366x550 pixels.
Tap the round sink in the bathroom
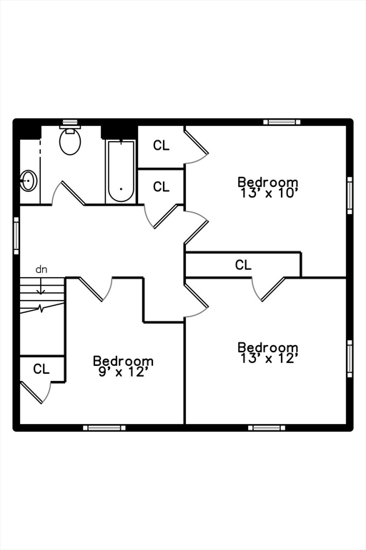coord(28,180)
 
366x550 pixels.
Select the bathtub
coord(121,171)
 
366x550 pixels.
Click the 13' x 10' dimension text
coord(269,193)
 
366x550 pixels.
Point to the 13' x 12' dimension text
coord(269,359)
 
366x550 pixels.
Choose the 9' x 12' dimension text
coord(122,372)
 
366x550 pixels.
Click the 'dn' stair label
coord(41,269)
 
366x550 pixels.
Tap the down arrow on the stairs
coord(41,286)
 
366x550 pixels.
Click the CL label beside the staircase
coord(41,369)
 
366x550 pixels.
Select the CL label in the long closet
coord(243,265)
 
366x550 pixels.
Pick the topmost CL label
coord(161,145)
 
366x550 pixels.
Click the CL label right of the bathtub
coord(161,187)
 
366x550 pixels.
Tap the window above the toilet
coord(69,122)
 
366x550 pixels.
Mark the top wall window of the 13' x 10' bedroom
coord(282,122)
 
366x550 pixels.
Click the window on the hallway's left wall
coord(16,236)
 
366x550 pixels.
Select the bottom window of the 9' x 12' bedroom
coord(104,428)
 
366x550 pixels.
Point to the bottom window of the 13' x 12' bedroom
coord(267,428)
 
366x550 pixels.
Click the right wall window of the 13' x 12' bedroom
coord(350,359)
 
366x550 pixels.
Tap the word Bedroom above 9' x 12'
coord(123,361)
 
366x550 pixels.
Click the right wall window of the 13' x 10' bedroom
coord(350,195)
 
